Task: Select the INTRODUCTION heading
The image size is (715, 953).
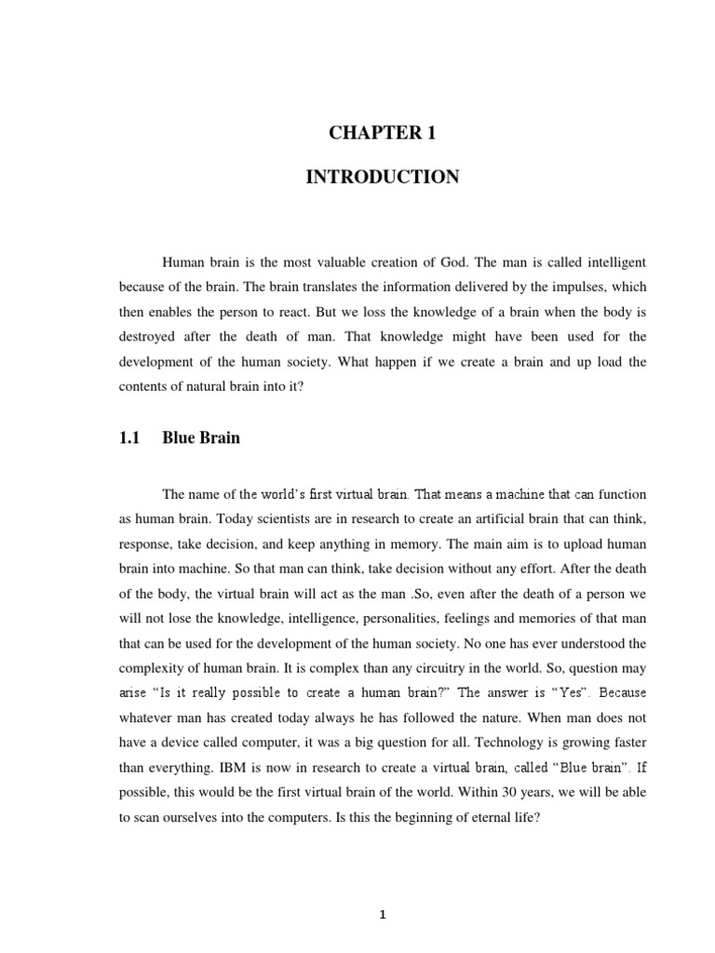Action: [383, 177]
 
